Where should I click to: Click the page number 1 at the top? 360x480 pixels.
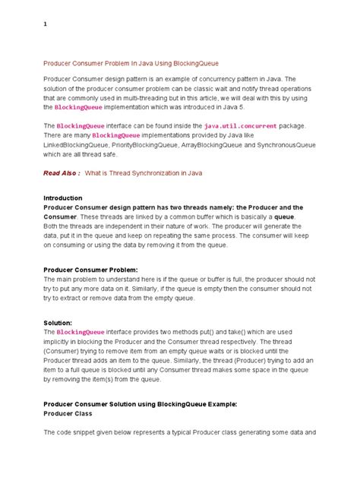[x=46, y=24]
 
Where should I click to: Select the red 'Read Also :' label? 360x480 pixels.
[x=62, y=172]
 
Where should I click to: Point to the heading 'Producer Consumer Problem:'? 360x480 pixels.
[x=91, y=270]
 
